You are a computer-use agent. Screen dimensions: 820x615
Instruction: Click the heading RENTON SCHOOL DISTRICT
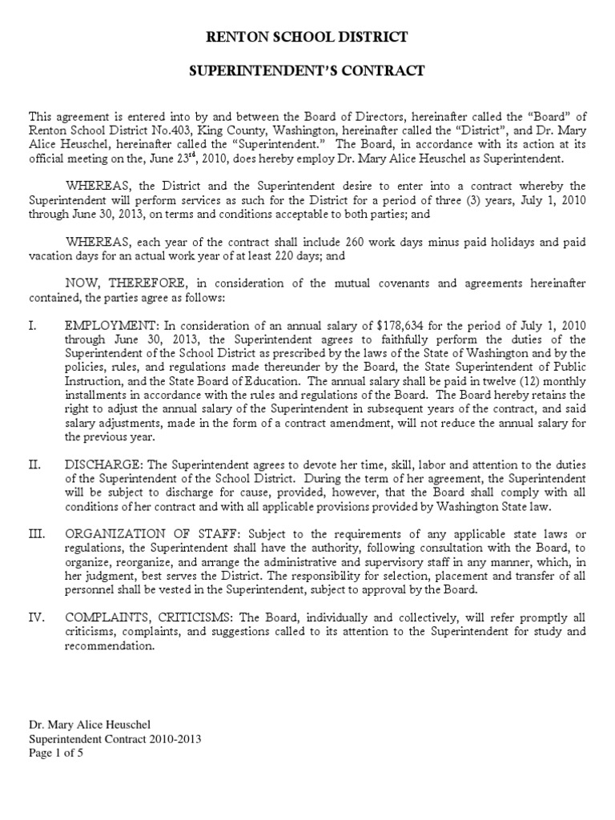point(307,37)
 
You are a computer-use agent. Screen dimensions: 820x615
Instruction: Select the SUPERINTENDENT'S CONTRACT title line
point(307,71)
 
